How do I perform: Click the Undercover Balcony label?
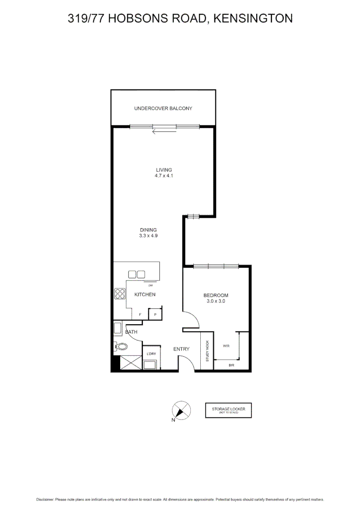point(163,108)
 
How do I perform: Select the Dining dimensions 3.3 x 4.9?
point(148,236)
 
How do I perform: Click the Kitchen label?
point(145,295)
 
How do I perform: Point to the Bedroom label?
point(216,296)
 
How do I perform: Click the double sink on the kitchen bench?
point(137,274)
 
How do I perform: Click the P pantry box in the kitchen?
point(155,314)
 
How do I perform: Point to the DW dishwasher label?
point(150,286)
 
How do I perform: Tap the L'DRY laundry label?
point(151,354)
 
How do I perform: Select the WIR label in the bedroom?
point(226,346)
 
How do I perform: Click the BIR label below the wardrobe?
point(231,366)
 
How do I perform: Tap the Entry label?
point(181,349)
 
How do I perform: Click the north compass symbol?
point(180,410)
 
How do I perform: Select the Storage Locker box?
point(228,410)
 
